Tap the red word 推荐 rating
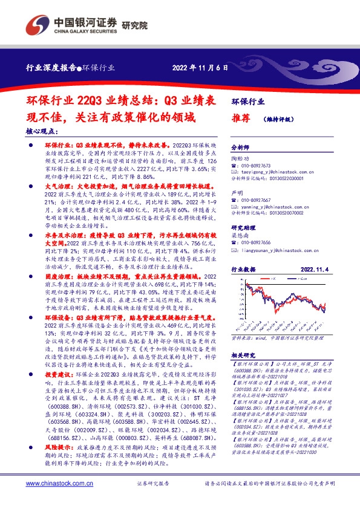coord(241,118)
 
